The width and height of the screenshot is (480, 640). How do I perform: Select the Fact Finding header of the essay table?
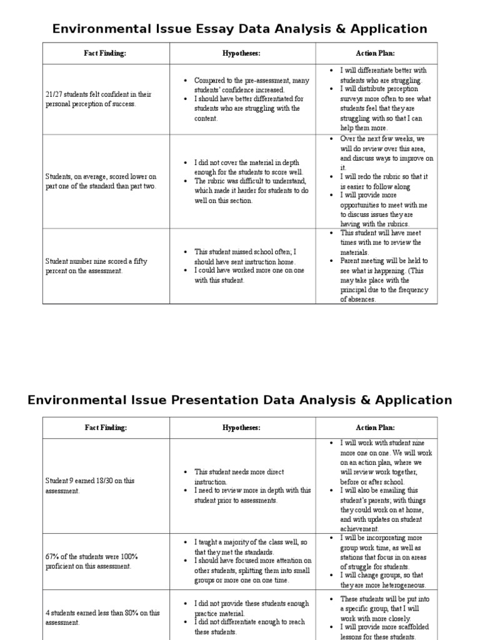point(105,53)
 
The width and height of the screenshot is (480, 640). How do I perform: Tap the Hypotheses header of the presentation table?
point(242,427)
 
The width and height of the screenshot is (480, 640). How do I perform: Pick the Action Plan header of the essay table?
point(375,53)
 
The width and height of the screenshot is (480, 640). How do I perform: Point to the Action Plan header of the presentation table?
point(375,427)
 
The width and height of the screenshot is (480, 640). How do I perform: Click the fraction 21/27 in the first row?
point(54,94)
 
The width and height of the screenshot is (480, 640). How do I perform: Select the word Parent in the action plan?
point(351,261)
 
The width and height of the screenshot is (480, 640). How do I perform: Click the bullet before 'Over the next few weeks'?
point(331,139)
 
